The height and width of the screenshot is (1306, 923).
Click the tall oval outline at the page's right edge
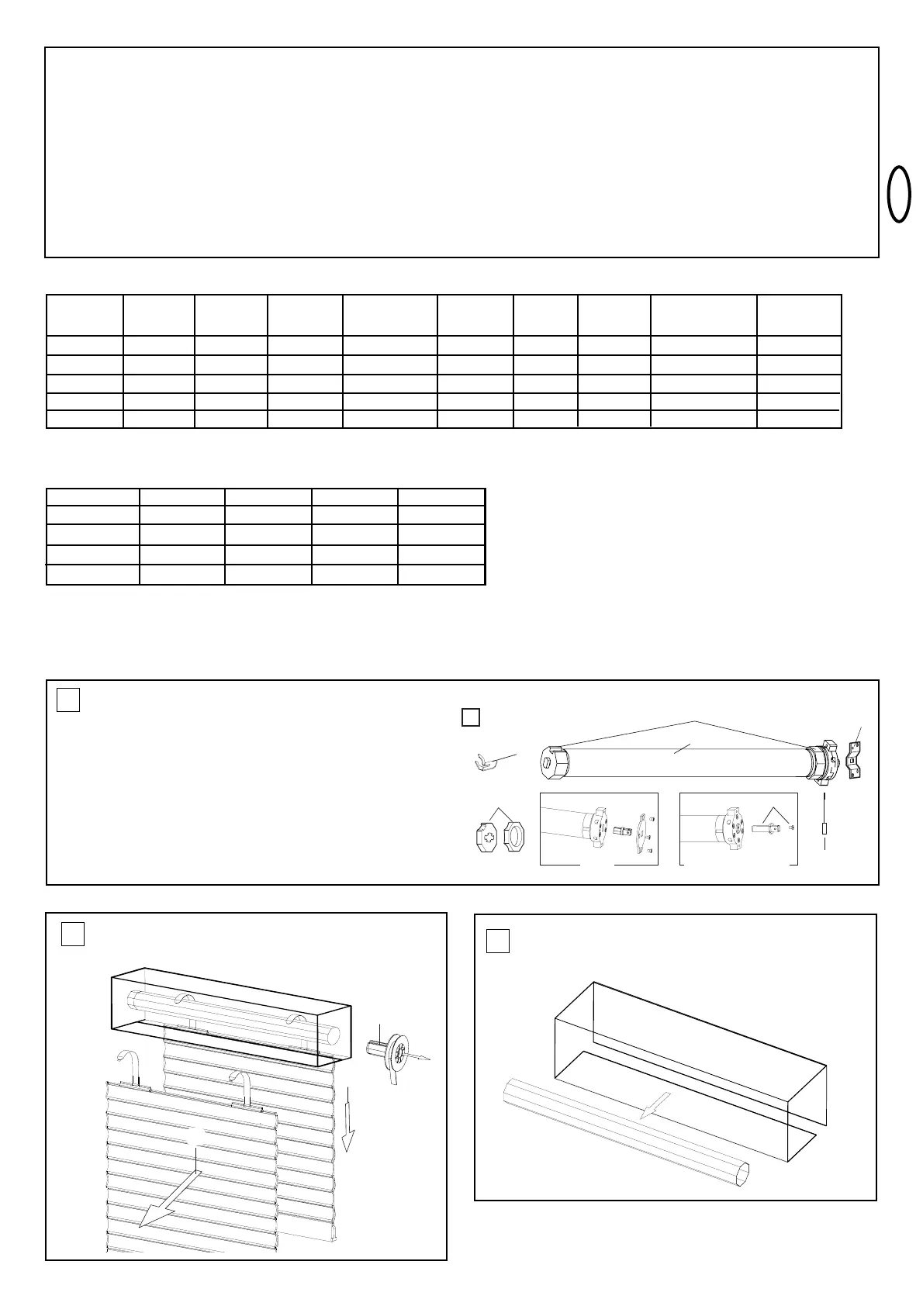click(900, 194)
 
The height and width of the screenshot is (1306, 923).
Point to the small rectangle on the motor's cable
click(824, 829)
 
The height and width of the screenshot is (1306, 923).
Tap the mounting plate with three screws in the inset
click(642, 831)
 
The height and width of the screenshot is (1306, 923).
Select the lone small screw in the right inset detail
click(790, 828)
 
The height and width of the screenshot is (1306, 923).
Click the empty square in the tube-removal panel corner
click(498, 941)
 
